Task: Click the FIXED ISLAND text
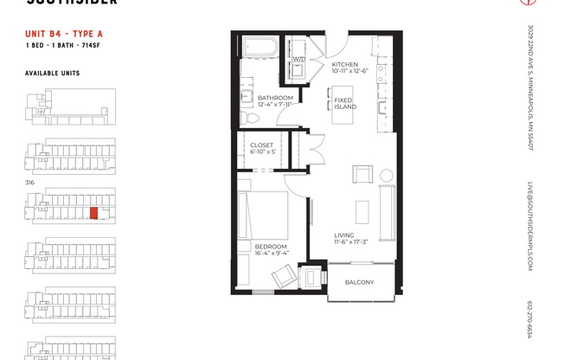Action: pyautogui.click(x=343, y=104)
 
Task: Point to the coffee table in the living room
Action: pyautogui.click(x=362, y=213)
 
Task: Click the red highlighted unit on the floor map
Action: pyautogui.click(x=93, y=213)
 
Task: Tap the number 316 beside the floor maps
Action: pyautogui.click(x=30, y=182)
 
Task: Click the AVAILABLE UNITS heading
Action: pyautogui.click(x=52, y=74)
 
